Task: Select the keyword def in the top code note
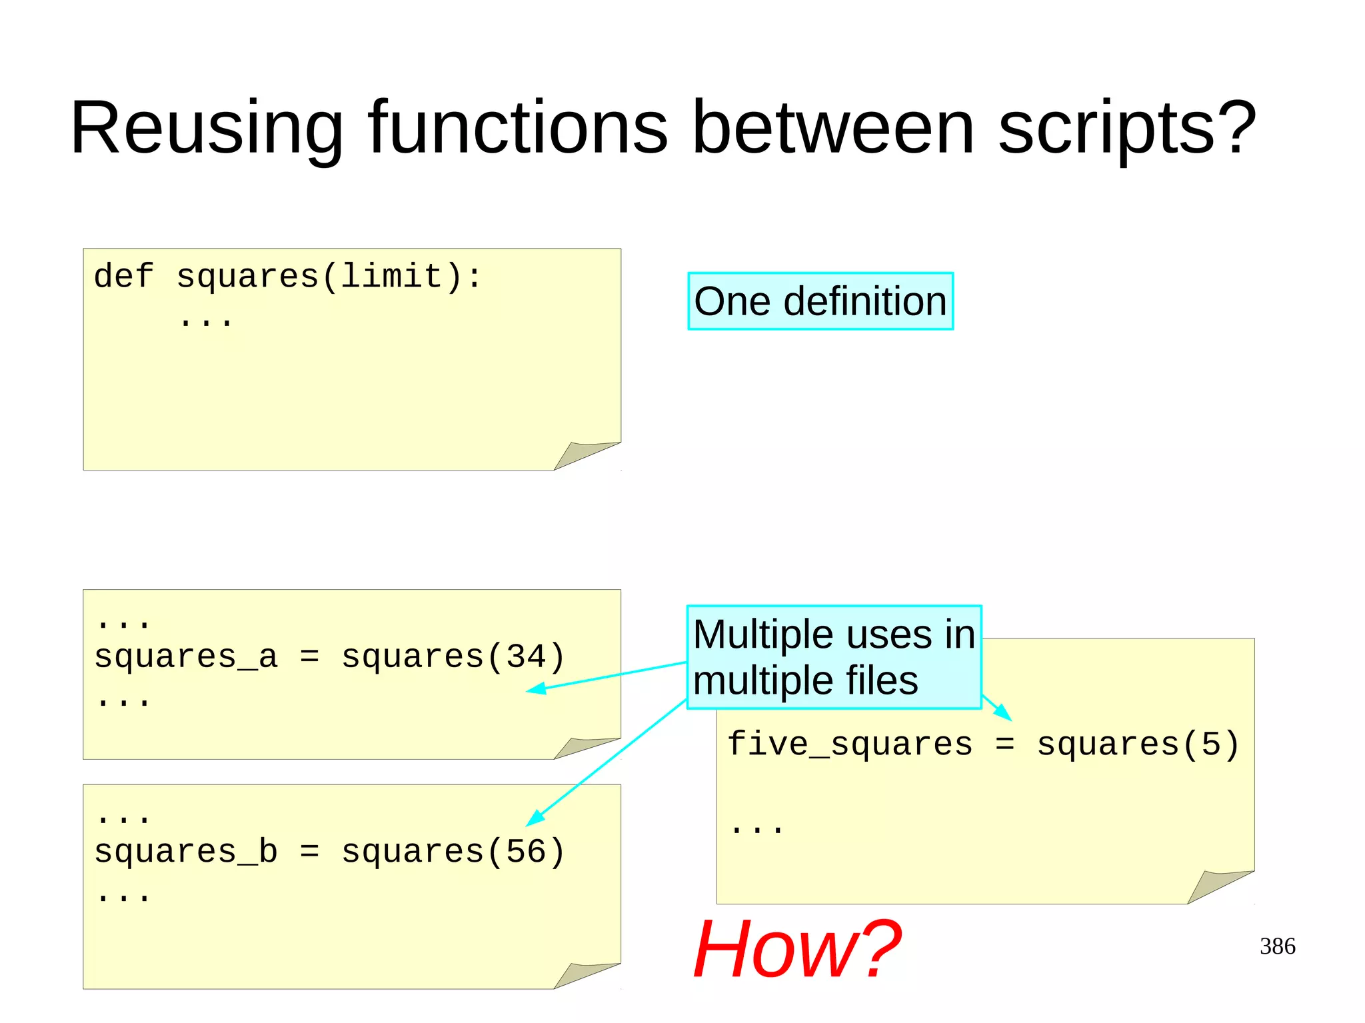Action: coord(124,277)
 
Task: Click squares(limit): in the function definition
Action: coord(329,277)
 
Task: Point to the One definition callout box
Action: coord(820,301)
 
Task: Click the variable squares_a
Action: coord(186,658)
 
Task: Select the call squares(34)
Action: coord(453,658)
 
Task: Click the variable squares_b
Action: coord(186,852)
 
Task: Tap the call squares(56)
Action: coord(453,852)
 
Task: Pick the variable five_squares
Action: coord(850,744)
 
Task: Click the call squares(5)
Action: coord(1138,744)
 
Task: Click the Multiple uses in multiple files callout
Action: coord(834,657)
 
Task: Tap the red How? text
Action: coord(797,949)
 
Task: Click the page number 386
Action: coord(1277,946)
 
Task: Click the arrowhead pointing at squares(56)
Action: coord(535,818)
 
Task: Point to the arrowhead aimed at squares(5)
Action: coord(1004,714)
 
